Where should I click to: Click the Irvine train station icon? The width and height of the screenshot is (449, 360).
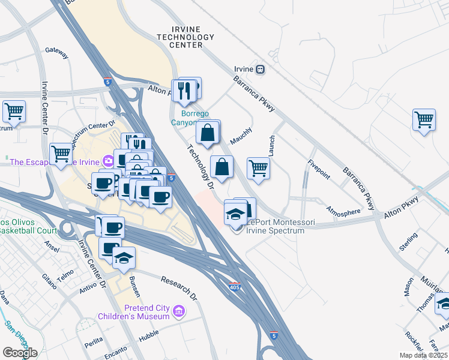click(260, 69)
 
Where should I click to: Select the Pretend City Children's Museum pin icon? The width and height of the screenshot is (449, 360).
click(178, 311)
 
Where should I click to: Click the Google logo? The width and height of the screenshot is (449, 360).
click(19, 352)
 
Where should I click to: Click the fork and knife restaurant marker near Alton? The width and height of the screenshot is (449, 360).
click(187, 91)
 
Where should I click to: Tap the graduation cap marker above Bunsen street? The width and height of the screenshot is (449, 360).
click(124, 257)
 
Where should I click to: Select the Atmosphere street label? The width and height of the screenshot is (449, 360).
click(343, 211)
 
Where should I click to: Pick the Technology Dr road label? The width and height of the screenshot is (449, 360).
click(200, 167)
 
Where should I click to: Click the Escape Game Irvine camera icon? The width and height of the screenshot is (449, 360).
click(108, 161)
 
